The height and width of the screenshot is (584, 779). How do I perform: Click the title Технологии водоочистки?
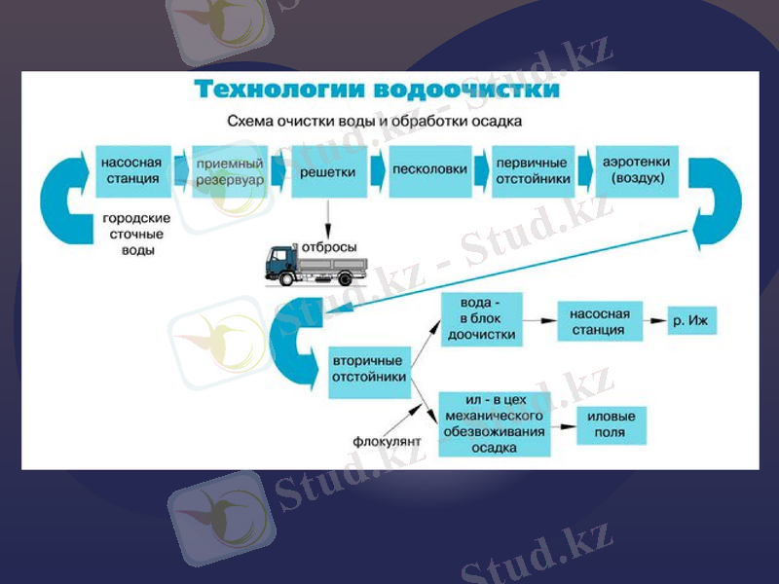(377, 91)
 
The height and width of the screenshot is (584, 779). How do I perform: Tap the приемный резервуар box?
(229, 171)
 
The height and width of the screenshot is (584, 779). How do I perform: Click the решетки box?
(327, 171)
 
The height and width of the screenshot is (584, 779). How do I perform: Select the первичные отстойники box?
(532, 171)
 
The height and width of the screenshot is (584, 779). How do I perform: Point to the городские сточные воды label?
(136, 235)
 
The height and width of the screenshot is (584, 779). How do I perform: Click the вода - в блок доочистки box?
(481, 319)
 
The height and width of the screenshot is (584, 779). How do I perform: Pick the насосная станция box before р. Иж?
(600, 321)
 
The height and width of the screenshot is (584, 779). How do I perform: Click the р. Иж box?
(691, 320)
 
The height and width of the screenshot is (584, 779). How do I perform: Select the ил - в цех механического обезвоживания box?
(494, 424)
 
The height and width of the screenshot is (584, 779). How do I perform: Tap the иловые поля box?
(612, 425)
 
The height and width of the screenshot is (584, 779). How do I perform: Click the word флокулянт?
(388, 442)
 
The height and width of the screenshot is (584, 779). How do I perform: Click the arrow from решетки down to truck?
(328, 216)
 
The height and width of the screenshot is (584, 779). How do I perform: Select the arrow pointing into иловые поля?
(563, 425)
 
